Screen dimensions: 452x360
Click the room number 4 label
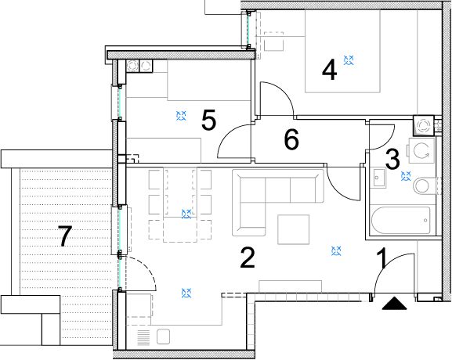[329, 70]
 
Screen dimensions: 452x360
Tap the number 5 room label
[208, 120]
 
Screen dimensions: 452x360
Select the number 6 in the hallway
[291, 139]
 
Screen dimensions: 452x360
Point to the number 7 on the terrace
[65, 236]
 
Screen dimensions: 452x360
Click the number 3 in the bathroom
[392, 159]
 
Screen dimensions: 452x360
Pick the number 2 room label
[248, 257]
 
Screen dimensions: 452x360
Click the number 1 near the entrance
[382, 258]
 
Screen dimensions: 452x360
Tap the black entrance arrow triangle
[394, 304]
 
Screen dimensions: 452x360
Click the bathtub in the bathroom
[400, 221]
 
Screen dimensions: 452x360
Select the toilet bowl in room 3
[425, 185]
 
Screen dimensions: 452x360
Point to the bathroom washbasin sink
[378, 178]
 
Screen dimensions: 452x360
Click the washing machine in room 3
[421, 150]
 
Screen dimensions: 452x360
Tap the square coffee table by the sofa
[294, 229]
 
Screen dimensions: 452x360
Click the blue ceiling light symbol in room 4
[349, 60]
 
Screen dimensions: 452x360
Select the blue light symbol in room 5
[181, 116]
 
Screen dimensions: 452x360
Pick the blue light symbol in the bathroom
[406, 176]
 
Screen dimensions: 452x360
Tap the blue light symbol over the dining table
[186, 214]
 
